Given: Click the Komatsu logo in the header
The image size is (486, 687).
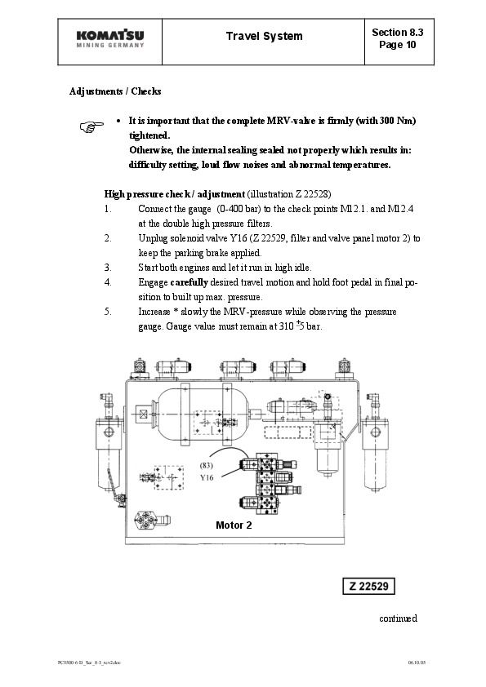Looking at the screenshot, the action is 110,38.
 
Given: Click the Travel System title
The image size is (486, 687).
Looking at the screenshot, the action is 264,37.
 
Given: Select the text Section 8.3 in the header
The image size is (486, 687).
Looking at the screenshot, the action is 398,33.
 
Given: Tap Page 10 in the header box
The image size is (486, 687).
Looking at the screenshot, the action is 398,45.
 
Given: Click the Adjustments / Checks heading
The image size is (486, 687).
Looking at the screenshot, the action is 115,91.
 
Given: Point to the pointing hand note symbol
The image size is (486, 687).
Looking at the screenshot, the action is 91,126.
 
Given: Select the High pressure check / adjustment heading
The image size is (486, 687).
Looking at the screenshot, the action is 175,193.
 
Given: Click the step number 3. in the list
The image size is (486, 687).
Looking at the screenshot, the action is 108,268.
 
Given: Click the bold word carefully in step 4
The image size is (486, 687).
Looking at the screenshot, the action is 189,282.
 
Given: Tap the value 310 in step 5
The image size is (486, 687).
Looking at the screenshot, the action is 287,326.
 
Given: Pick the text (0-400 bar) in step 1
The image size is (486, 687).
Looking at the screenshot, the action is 236,209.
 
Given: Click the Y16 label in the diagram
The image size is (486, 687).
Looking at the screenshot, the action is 207,477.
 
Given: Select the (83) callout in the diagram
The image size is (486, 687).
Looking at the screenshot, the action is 206,465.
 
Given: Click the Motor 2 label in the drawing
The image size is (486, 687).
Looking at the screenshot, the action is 234,525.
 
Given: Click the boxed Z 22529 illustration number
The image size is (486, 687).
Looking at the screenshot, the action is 368,586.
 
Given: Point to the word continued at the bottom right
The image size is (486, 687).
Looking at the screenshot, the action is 399,618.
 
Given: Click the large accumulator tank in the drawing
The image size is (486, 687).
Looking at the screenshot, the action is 203,414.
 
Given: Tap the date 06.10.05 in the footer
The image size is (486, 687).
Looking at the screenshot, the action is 417,663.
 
